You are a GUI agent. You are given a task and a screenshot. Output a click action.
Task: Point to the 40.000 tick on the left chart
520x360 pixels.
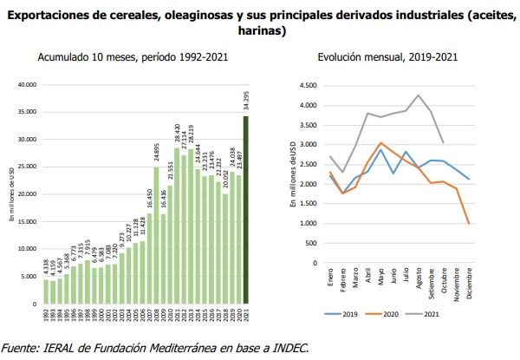point(29,85)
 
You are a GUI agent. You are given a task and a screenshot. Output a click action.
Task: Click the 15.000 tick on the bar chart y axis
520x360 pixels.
point(29,222)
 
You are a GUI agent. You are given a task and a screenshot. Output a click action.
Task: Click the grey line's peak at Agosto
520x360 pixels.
point(419,95)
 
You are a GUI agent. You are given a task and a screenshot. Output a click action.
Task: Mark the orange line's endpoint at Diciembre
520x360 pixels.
point(469,224)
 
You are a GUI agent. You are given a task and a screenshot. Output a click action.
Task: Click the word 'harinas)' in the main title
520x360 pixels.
point(260,29)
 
